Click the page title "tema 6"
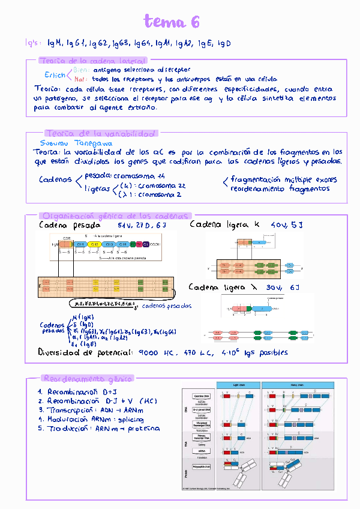pos(172,23)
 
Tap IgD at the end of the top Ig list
pos(223,44)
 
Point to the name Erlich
pos(55,75)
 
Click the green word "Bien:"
pos(82,70)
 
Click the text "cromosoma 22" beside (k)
pos(158,186)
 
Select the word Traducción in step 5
pos(71,429)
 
